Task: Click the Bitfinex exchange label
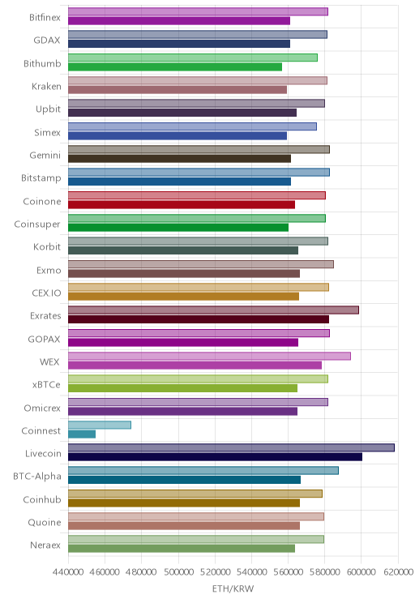[x=45, y=17]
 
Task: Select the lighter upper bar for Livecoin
[x=231, y=447]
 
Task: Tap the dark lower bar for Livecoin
[x=215, y=457]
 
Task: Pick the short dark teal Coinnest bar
[x=82, y=434]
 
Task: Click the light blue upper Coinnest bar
[x=100, y=425]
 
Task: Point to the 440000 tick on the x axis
[x=68, y=572]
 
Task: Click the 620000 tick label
[x=398, y=572]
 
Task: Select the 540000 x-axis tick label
[x=251, y=572]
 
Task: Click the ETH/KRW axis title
[x=233, y=588]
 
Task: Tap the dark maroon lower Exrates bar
[x=199, y=319]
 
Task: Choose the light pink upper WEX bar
[x=209, y=356]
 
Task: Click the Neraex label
[x=45, y=545]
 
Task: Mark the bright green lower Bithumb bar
[x=175, y=67]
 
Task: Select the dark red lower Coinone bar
[x=182, y=204]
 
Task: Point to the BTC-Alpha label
[x=37, y=476]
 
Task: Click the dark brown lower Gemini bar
[x=179, y=158]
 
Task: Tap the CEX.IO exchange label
[x=46, y=293]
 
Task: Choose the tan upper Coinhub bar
[x=195, y=494]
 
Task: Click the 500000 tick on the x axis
[x=178, y=572]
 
